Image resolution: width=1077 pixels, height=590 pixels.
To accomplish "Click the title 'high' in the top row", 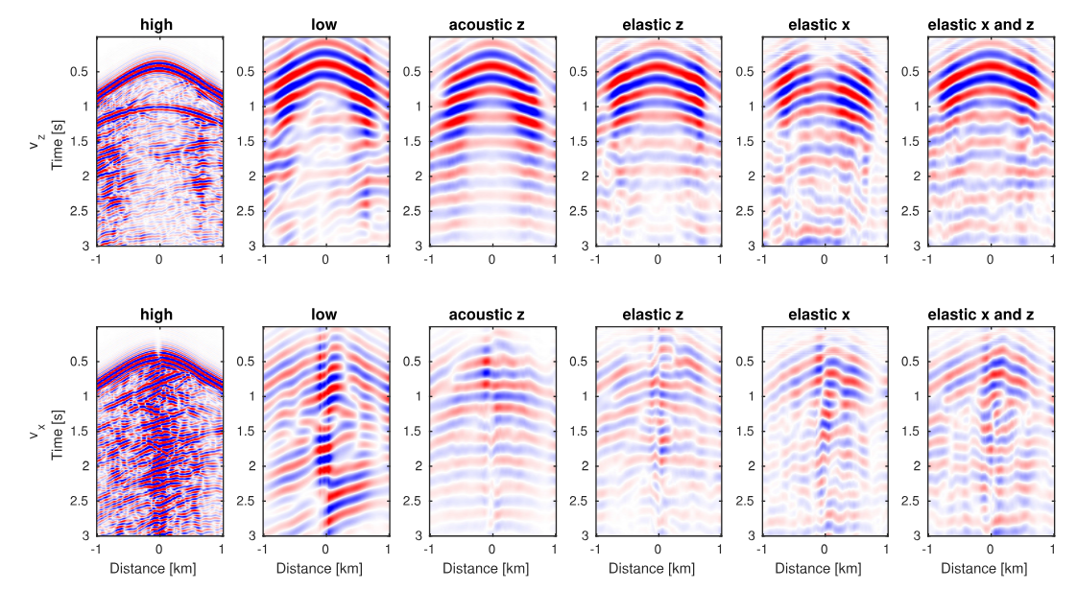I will [159, 24].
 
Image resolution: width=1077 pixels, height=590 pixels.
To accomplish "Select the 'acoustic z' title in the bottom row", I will [491, 314].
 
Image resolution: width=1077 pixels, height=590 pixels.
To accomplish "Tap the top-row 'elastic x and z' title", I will [991, 24].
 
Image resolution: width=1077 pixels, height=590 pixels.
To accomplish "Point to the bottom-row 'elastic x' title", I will [825, 314].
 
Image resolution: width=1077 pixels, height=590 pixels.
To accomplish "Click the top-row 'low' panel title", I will [325, 24].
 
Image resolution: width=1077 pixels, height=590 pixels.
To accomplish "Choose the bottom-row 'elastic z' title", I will [658, 314].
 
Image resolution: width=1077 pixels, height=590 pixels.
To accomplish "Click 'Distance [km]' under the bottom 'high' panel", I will [159, 569].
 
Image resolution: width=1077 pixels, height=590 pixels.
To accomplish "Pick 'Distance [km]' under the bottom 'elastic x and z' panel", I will [991, 569].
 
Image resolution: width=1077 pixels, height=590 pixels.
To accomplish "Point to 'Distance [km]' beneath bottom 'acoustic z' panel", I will [491, 569].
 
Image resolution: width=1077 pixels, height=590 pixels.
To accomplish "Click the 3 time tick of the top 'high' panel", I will [84, 246].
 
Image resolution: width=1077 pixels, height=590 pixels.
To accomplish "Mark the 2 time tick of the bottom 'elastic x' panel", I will [751, 465].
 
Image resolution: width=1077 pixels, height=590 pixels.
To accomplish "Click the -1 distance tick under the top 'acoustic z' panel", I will [428, 259].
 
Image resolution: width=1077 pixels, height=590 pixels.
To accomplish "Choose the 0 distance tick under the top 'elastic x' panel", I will [825, 259].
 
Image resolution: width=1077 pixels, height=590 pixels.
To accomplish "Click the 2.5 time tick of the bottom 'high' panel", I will [80, 500].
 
